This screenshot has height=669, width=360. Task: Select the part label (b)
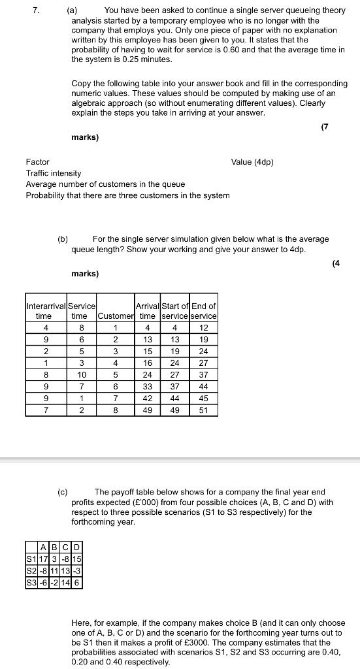tap(63, 239)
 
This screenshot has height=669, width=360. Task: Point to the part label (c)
tap(63, 492)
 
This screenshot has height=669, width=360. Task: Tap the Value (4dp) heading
tap(252, 161)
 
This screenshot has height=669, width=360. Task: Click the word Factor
tap(37, 161)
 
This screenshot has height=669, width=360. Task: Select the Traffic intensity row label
tap(54, 173)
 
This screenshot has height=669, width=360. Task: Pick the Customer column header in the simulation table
tap(115, 316)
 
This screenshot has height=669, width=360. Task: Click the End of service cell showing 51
tap(204, 410)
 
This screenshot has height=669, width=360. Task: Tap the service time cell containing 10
tap(82, 374)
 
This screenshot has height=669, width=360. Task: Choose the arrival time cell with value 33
tap(148, 386)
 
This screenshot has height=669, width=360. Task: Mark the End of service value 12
tap(204, 327)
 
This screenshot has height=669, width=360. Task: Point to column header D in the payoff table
tap(76, 547)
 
